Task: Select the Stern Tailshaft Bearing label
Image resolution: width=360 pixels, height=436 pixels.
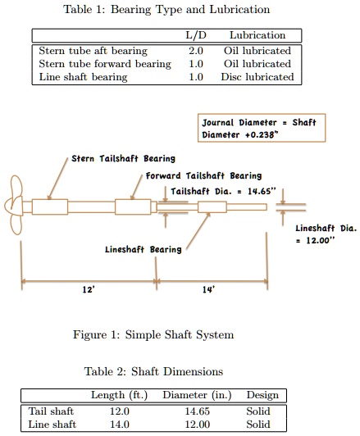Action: click(x=123, y=158)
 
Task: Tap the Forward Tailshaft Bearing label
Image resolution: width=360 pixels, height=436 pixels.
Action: click(x=203, y=175)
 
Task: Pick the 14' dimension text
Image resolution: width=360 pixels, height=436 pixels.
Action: click(x=209, y=290)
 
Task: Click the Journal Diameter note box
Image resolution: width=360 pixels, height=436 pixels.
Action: click(x=258, y=127)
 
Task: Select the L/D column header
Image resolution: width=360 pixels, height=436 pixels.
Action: click(x=196, y=35)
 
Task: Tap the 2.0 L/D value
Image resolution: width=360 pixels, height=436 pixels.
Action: click(x=196, y=51)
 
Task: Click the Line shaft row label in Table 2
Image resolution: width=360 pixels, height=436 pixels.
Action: click(x=52, y=425)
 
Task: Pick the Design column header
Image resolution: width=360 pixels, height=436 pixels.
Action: click(x=262, y=395)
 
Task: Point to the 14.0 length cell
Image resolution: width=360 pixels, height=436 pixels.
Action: click(x=120, y=425)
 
